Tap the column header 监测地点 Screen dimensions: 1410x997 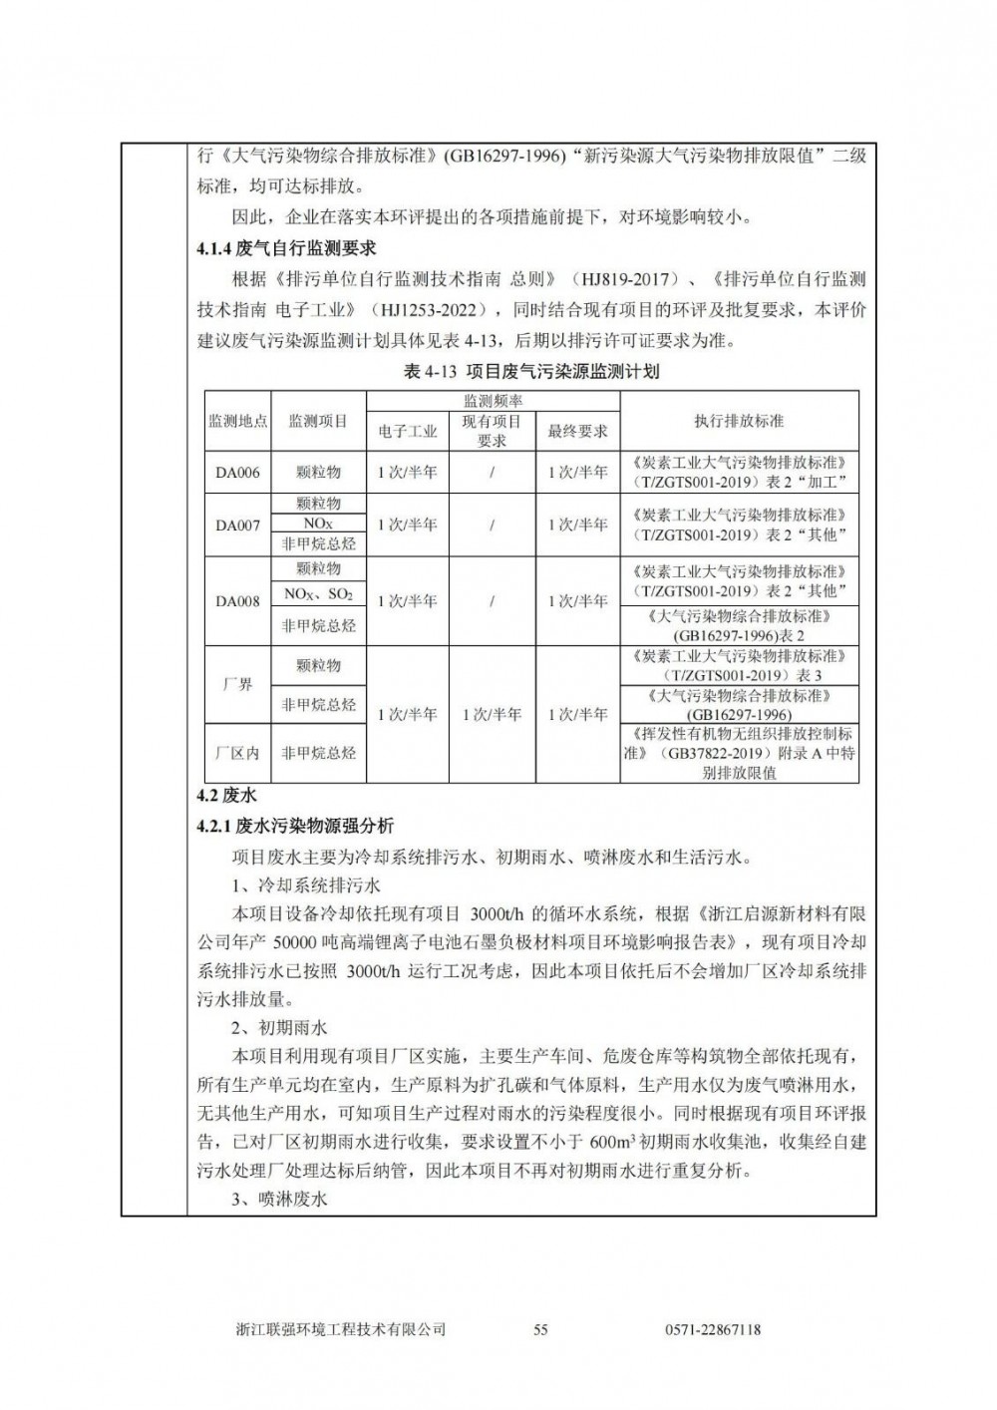click(x=237, y=422)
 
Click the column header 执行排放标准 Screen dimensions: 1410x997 click(x=739, y=421)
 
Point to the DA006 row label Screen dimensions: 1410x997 click(x=237, y=473)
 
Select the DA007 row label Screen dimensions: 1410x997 click(x=237, y=525)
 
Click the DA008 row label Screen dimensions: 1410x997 click(x=237, y=601)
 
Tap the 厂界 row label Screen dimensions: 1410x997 click(x=237, y=685)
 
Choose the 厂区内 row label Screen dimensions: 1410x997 click(x=237, y=754)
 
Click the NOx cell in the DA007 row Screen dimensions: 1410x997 click(x=318, y=524)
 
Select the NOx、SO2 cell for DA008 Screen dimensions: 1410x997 click(x=318, y=594)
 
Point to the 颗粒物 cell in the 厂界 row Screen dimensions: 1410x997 click(x=318, y=665)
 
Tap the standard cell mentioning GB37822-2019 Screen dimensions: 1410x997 click(x=739, y=753)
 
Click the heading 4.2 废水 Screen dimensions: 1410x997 click(x=226, y=796)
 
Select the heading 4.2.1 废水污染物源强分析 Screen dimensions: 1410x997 click(x=295, y=826)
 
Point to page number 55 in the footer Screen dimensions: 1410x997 click(x=541, y=1329)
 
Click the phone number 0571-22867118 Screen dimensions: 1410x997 click(x=712, y=1329)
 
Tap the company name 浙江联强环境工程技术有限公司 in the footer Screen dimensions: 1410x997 click(x=341, y=1329)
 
